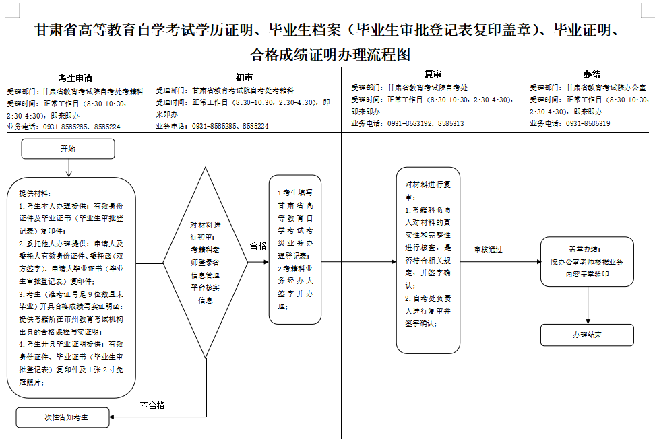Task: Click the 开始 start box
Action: [x=68, y=149]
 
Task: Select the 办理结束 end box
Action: [x=587, y=335]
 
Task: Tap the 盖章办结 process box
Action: [x=587, y=261]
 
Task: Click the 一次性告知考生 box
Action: [x=63, y=417]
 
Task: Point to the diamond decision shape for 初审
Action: [x=206, y=263]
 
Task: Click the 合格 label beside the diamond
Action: [x=258, y=246]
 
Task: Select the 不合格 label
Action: [x=152, y=405]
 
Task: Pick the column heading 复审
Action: [x=433, y=75]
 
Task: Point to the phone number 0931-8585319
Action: [x=588, y=123]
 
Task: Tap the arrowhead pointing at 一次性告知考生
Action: [x=113, y=417]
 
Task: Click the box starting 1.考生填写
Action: [x=294, y=250]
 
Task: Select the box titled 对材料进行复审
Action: [x=428, y=260]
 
